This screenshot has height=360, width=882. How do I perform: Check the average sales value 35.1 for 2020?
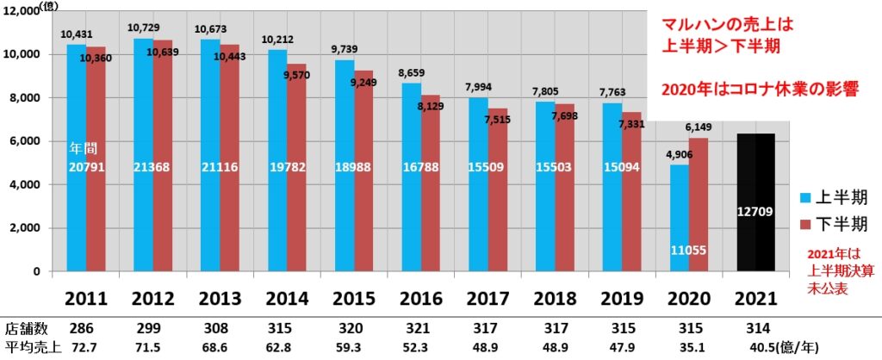[687, 346]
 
